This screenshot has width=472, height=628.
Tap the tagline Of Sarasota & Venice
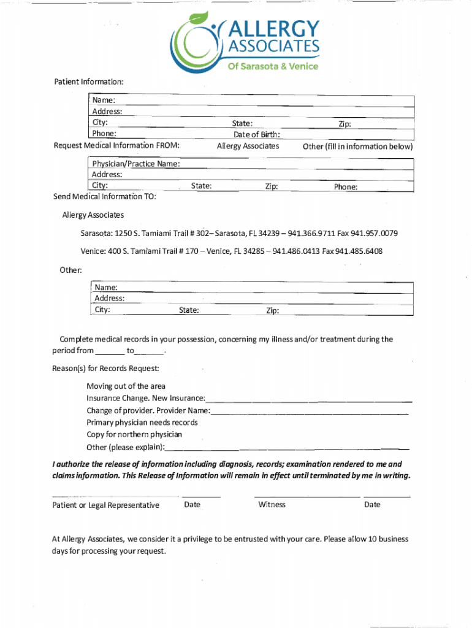click(x=273, y=66)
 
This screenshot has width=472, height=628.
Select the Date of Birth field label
click(x=257, y=134)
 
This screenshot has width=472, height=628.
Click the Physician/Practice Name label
click(x=136, y=164)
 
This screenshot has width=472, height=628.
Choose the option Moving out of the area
click(x=126, y=386)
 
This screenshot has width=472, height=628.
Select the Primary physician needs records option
click(x=142, y=423)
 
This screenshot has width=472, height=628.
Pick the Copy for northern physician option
click(x=134, y=434)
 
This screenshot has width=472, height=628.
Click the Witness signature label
click(x=272, y=505)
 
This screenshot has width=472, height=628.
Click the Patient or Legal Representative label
click(x=105, y=505)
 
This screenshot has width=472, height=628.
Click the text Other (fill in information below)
click(x=357, y=147)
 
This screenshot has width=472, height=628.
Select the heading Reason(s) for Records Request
click(x=105, y=369)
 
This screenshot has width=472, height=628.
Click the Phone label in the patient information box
click(x=104, y=134)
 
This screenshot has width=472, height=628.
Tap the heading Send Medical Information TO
click(x=104, y=197)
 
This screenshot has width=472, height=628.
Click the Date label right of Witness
click(x=371, y=505)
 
